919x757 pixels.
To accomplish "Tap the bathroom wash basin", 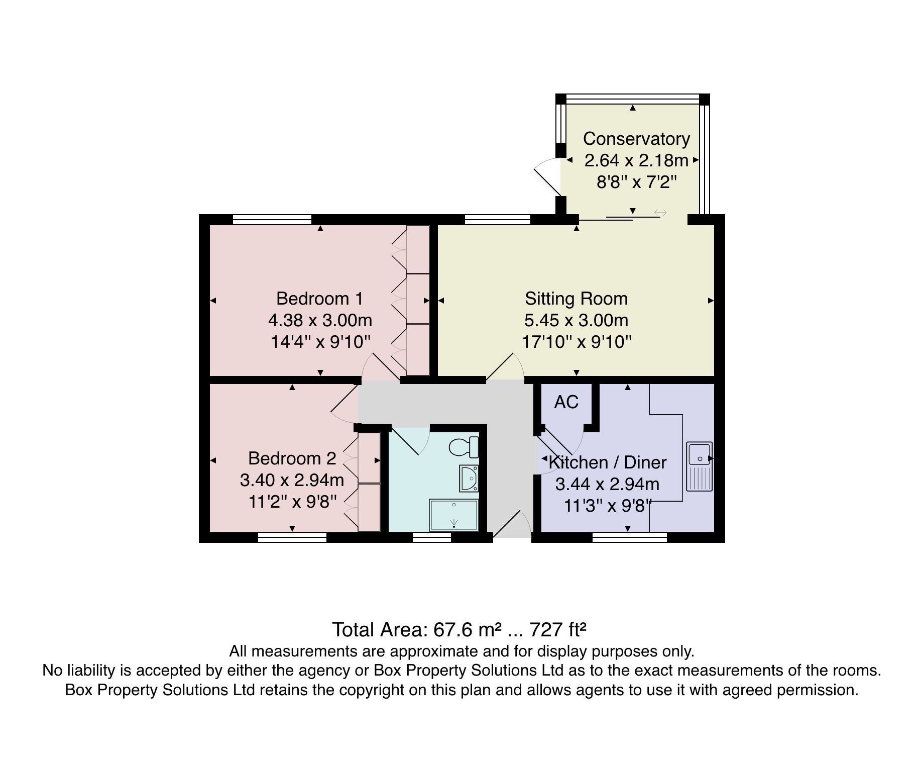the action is coord(469,478).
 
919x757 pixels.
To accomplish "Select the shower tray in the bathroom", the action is coord(454,515).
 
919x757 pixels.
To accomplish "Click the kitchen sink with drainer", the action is coord(700,466).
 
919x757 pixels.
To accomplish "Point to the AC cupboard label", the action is coord(566,402).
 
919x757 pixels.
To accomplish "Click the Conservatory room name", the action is coord(636,138).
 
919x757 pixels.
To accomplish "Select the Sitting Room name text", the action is coord(576,299).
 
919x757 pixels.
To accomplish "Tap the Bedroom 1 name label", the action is coord(319,299).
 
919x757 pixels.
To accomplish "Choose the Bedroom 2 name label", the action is coord(292,458).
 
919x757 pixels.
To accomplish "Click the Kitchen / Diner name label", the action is coord(608,462).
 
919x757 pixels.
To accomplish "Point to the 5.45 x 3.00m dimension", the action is coord(576,320).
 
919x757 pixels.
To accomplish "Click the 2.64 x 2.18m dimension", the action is coord(636,160).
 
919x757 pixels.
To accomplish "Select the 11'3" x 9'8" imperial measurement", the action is coord(608,505).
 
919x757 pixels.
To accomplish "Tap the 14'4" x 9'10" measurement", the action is coord(320,342).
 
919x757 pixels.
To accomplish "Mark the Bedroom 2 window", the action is coord(292,537).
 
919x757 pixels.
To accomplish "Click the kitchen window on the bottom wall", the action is coord(630,537).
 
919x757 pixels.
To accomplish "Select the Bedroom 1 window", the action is coord(272,219).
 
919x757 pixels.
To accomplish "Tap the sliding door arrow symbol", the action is coord(660,213).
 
